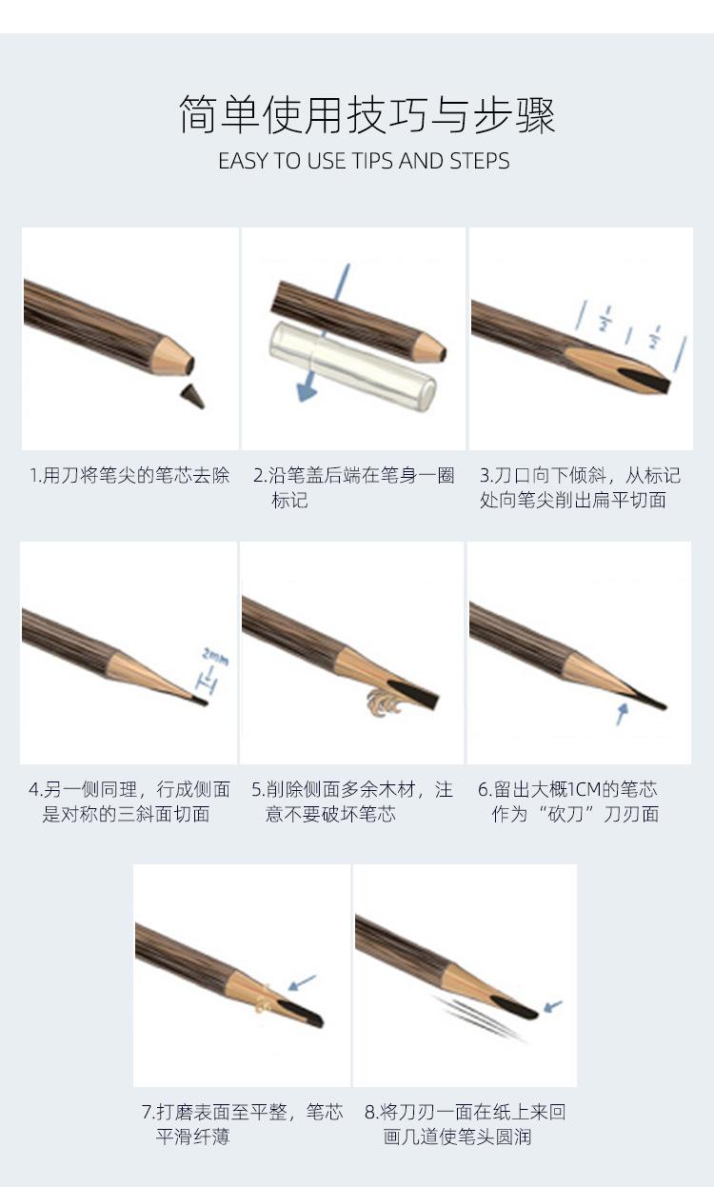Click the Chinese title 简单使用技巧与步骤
click(x=367, y=115)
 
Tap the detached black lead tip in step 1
click(x=193, y=395)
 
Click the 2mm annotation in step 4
click(x=214, y=656)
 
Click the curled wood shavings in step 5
click(x=379, y=700)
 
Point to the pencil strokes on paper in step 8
click(x=476, y=1017)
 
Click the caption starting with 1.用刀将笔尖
click(x=129, y=475)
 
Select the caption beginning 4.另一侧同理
click(x=129, y=801)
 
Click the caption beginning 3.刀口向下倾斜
click(x=580, y=487)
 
